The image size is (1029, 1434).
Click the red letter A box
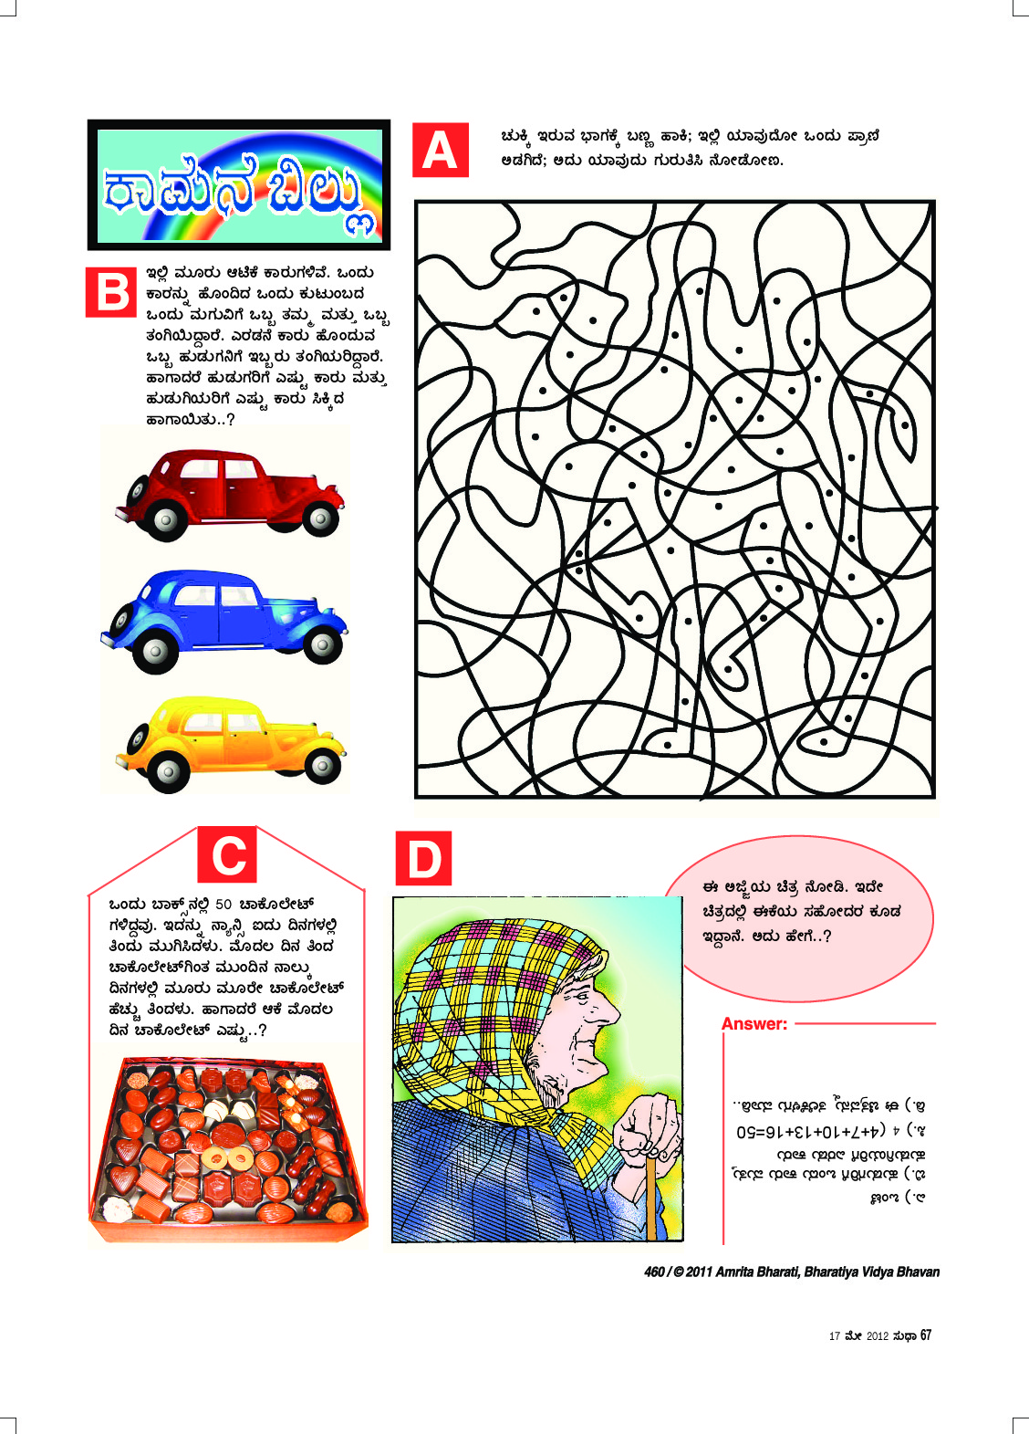[441, 151]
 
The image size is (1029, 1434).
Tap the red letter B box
[112, 292]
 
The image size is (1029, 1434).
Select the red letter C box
[228, 855]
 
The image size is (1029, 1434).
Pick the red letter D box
[423, 859]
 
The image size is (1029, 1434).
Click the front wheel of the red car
[320, 518]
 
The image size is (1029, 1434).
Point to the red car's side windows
[220, 471]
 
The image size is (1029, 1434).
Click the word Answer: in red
[754, 1024]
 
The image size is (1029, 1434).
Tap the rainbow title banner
[239, 185]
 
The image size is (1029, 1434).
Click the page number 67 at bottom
[926, 1335]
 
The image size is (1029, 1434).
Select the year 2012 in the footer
[877, 1336]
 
